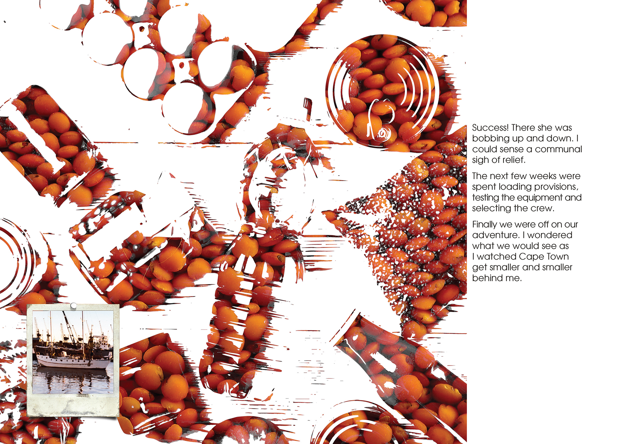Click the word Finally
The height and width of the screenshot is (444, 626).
click(x=485, y=224)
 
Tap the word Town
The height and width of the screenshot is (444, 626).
click(x=557, y=256)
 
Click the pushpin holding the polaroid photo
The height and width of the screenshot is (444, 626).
click(x=74, y=306)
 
